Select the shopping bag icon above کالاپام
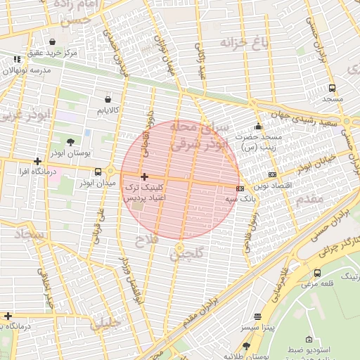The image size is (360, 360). [x=107, y=99]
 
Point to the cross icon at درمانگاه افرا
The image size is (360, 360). [x=37, y=161]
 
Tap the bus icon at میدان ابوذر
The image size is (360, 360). [x=109, y=171]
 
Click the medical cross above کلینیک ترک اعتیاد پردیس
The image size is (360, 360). [x=144, y=176]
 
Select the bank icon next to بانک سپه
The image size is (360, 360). [x=240, y=188]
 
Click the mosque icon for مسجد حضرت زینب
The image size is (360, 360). [x=258, y=127]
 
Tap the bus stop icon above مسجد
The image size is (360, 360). [x=332, y=89]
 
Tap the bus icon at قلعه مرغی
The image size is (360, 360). [x=317, y=273]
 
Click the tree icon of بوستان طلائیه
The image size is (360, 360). [x=246, y=346]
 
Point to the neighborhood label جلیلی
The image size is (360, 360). [x=105, y=323]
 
